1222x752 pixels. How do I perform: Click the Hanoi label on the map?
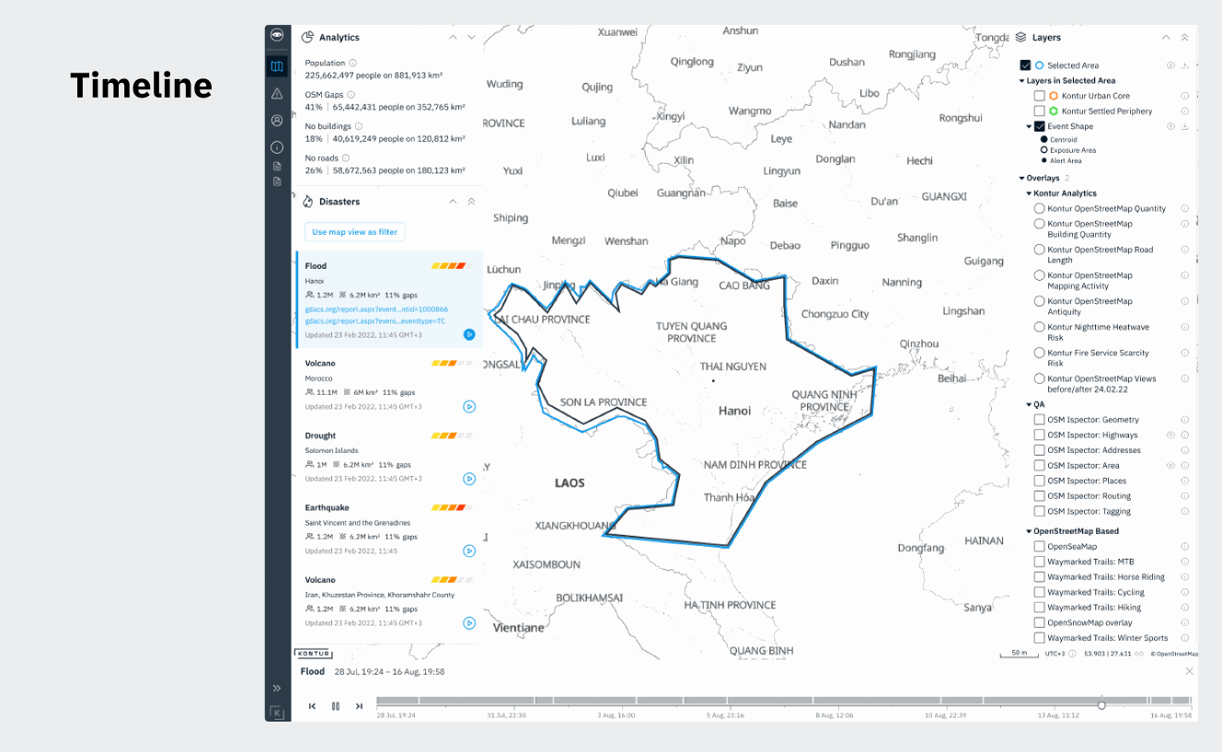[x=734, y=411]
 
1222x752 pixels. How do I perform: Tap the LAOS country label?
[x=570, y=482]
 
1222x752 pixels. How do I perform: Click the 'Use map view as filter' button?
[x=354, y=232]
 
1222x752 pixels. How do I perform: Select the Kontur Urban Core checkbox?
[x=1039, y=96]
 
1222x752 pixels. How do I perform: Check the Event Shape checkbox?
[x=1039, y=126]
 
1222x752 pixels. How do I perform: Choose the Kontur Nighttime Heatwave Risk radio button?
[x=1039, y=327]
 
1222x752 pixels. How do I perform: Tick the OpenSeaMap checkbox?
[x=1039, y=547]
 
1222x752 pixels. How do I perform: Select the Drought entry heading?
[x=320, y=435]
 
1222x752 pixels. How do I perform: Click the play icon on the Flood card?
[x=469, y=334]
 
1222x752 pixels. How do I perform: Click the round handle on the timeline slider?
[x=1101, y=705]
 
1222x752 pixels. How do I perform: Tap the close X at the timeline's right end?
[x=1189, y=671]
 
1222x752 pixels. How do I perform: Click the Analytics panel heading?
[x=339, y=38]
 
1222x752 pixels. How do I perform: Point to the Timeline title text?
[x=141, y=86]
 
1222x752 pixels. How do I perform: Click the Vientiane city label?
[x=519, y=628]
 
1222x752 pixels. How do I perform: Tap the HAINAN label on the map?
[x=984, y=540]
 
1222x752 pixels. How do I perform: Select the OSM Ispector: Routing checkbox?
[x=1039, y=496]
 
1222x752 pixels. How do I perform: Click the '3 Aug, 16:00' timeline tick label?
[x=616, y=714]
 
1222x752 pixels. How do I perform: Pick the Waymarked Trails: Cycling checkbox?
[x=1039, y=592]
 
